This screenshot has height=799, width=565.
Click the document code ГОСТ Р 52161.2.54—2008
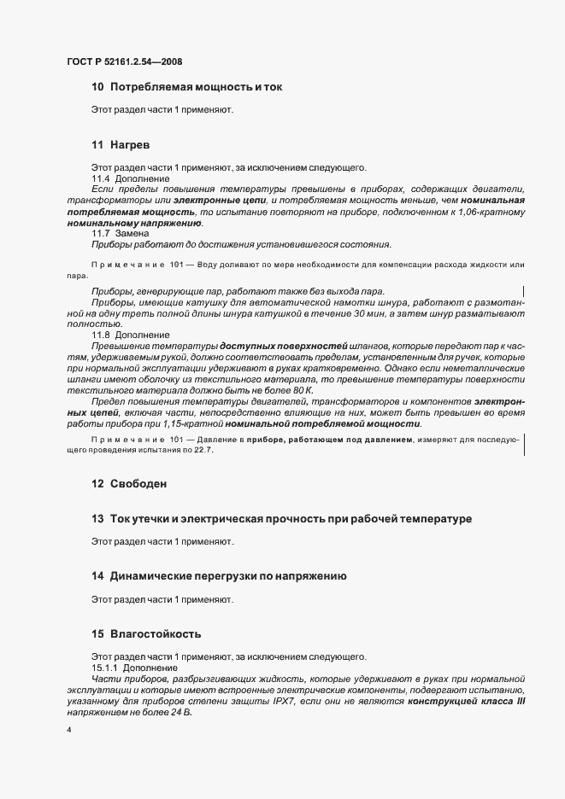point(124,62)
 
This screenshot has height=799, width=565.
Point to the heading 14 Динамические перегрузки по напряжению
point(219,577)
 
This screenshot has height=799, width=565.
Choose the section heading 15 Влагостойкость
point(146,635)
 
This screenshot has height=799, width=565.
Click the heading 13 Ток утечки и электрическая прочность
point(281,519)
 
